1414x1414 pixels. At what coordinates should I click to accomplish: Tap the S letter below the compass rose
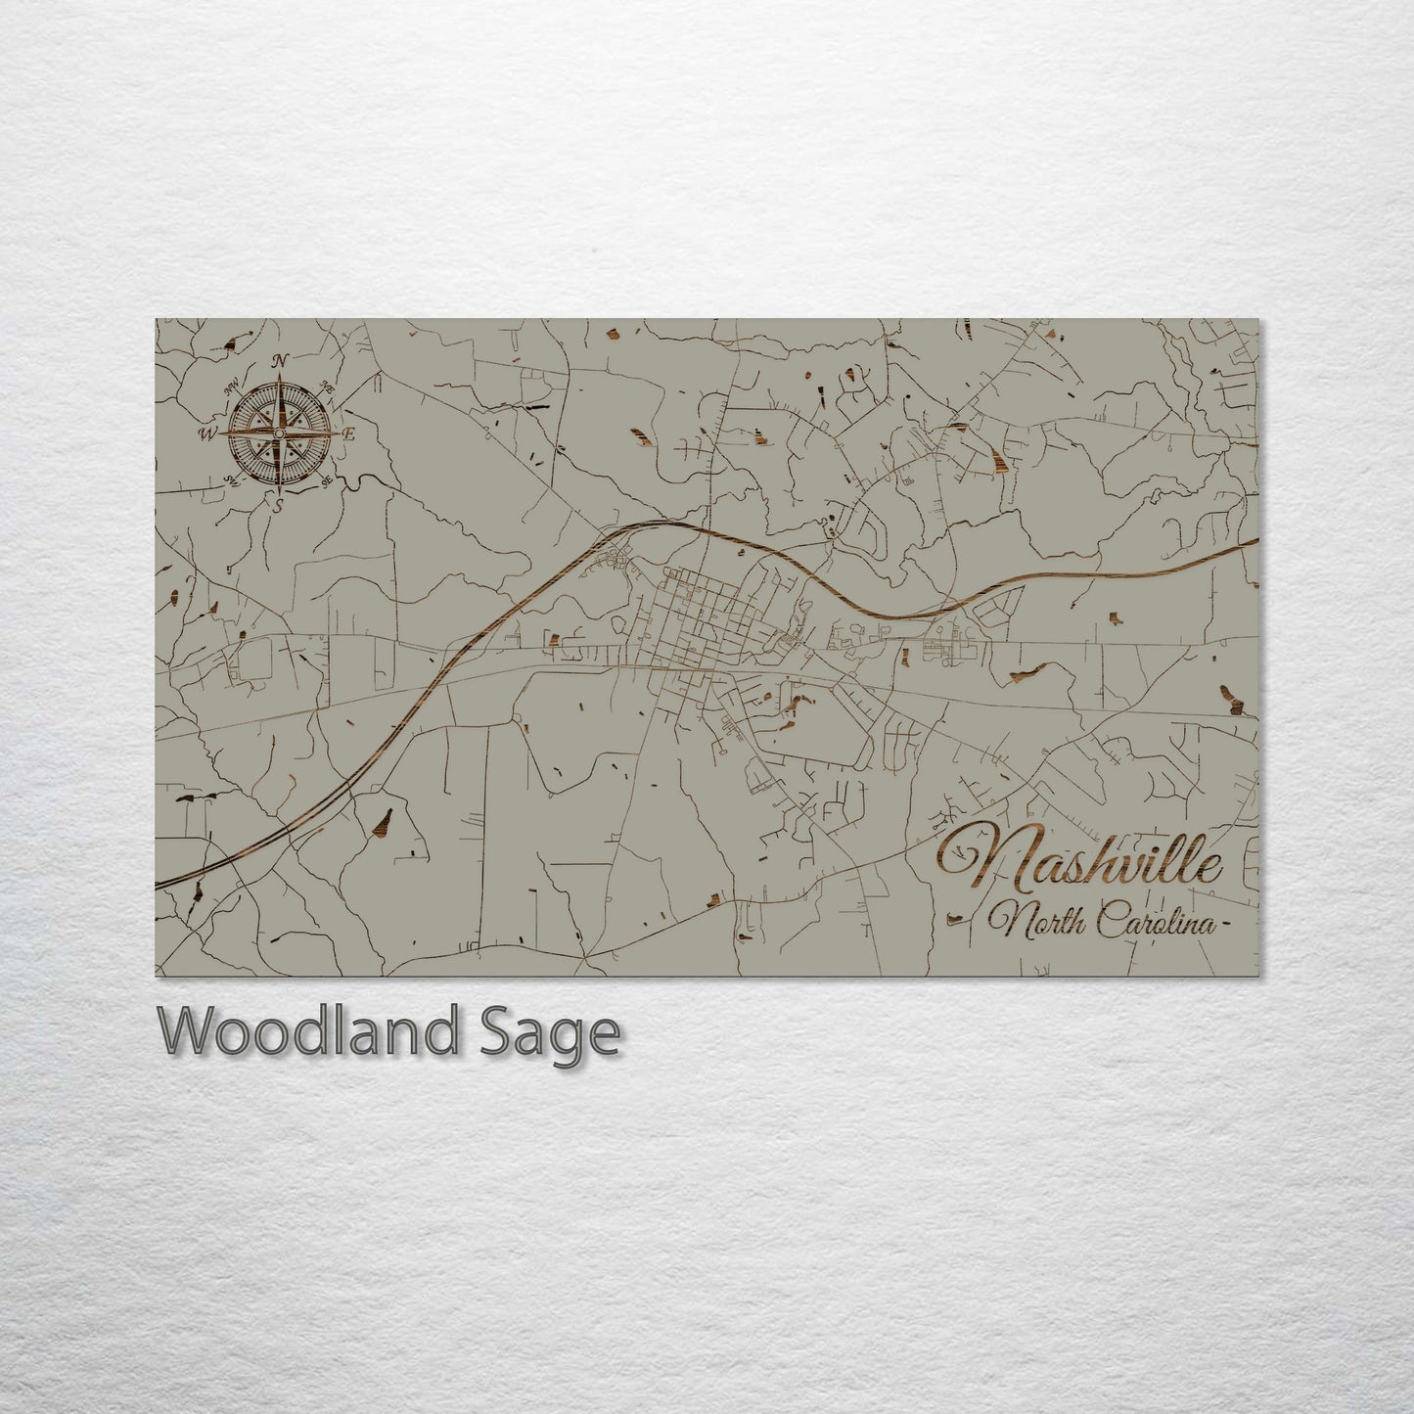[278, 505]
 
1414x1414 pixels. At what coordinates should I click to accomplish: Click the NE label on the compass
[329, 388]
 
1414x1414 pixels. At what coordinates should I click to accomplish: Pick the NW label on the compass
[234, 388]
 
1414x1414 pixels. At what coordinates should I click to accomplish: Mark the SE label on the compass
[327, 480]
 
